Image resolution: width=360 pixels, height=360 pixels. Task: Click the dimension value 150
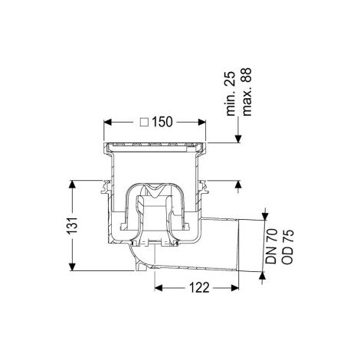(x=162, y=122)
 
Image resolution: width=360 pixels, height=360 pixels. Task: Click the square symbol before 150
(x=145, y=122)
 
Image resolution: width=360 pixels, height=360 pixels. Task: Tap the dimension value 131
(x=72, y=225)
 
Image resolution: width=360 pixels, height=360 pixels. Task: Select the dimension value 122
(x=199, y=288)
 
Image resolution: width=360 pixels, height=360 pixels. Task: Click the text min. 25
(x=231, y=93)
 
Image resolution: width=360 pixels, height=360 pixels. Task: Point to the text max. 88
(x=247, y=92)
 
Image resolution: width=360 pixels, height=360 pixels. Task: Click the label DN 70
(x=271, y=246)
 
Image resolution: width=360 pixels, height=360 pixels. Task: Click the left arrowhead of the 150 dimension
(x=108, y=122)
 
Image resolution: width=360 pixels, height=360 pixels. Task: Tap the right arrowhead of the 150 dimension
(x=201, y=122)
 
